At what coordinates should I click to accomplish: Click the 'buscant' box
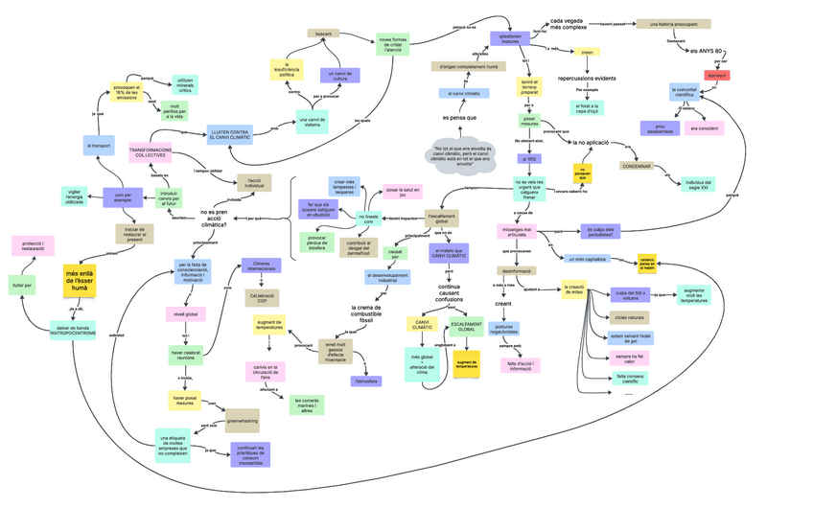tap(325, 34)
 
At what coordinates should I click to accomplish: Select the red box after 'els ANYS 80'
tap(717, 75)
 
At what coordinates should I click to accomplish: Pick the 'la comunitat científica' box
tap(696, 92)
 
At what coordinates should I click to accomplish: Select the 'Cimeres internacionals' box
tap(261, 266)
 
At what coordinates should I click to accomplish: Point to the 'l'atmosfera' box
tap(366, 381)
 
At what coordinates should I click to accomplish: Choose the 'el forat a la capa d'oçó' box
tap(588, 108)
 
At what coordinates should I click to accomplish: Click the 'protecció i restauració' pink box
tap(33, 247)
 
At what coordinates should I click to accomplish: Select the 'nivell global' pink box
tap(186, 313)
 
